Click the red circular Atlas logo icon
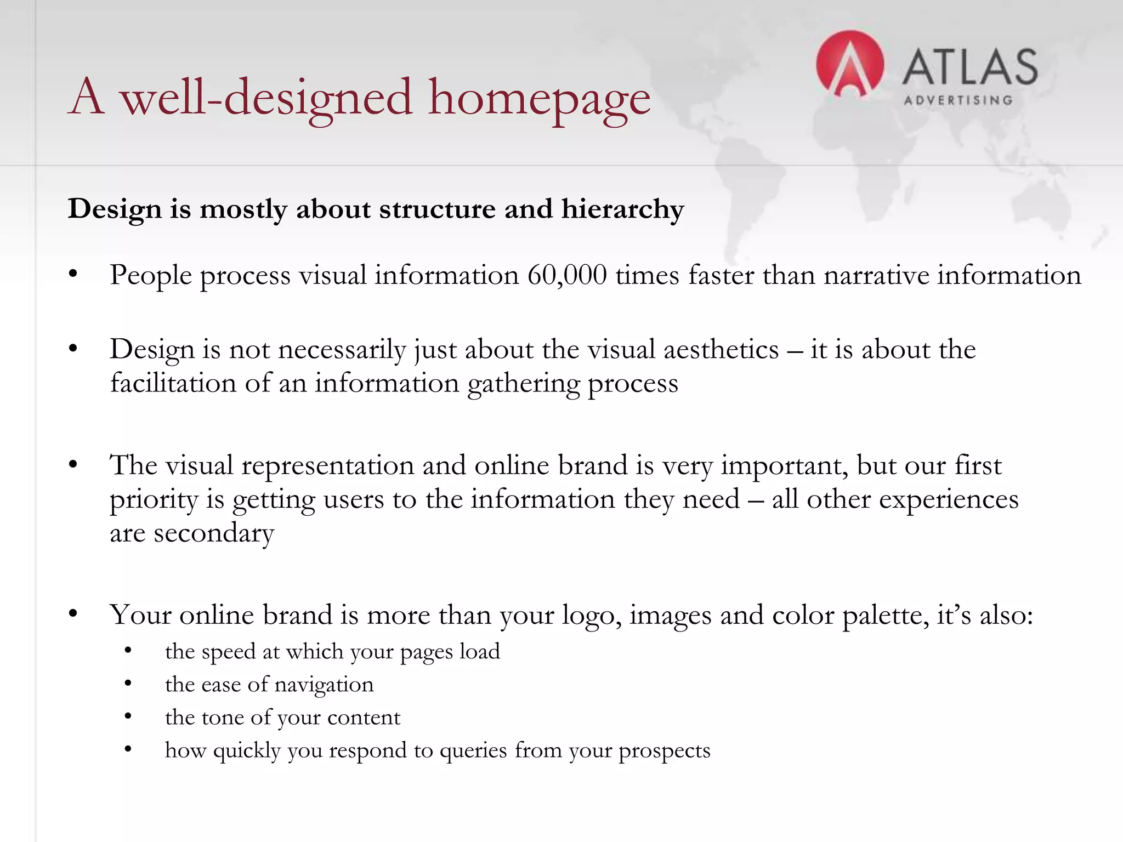point(849,64)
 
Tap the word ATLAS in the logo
point(969,67)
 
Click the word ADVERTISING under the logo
point(958,100)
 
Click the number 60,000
point(567,275)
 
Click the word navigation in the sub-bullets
point(324,685)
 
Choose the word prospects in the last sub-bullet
point(664,751)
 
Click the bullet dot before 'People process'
point(73,275)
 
